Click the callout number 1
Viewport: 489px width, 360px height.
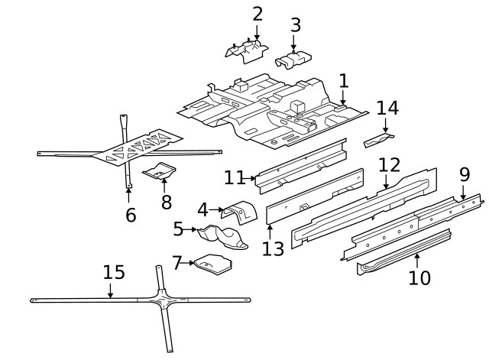click(343, 80)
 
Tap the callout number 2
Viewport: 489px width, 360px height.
click(257, 14)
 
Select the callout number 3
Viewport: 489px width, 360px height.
click(296, 24)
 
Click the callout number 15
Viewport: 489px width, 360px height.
click(113, 272)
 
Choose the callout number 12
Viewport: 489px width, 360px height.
click(388, 165)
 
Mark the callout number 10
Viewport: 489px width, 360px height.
click(419, 277)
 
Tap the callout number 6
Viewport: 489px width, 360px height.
click(131, 216)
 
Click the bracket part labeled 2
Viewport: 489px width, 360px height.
click(246, 50)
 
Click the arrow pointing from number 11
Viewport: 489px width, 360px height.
click(251, 178)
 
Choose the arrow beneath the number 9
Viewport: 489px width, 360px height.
click(463, 194)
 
